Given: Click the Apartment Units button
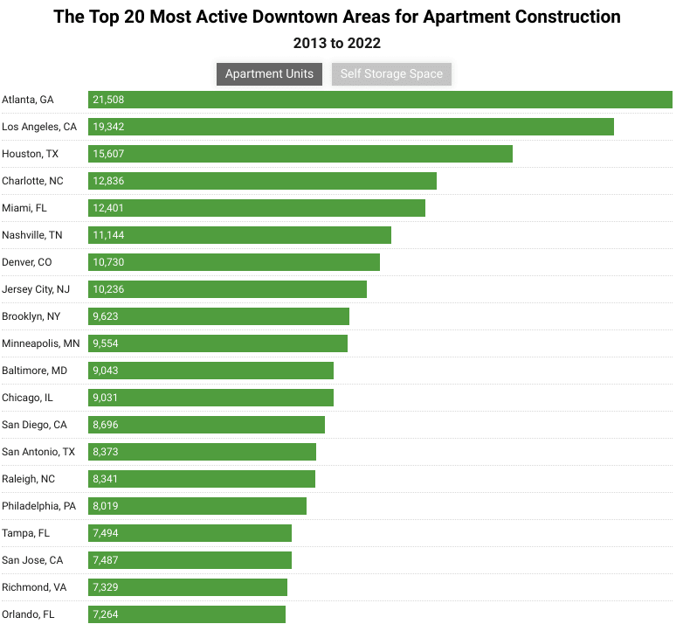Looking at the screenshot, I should click(x=270, y=73).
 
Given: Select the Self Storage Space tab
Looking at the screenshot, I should click(x=391, y=73).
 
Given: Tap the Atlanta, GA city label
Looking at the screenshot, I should click(x=28, y=100).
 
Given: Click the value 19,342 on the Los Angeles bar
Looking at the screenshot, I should click(x=108, y=127).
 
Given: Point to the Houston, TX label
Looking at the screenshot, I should click(x=30, y=154).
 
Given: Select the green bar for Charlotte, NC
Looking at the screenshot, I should click(x=262, y=181).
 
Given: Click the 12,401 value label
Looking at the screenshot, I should click(x=108, y=208).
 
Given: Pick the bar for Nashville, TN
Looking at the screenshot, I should click(x=239, y=235).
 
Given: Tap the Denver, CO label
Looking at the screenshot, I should click(x=26, y=262).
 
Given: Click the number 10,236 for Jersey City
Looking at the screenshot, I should click(x=108, y=289).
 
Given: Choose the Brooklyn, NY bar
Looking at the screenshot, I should click(x=218, y=316).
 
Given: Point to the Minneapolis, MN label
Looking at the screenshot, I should click(x=40, y=343).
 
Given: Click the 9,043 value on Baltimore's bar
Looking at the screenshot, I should click(x=106, y=371).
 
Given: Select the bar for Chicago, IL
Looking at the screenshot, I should click(x=210, y=398).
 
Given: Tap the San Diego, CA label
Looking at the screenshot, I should click(x=34, y=425).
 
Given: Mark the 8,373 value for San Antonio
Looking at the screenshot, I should click(x=106, y=452).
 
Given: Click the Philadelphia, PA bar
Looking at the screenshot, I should click(x=197, y=506).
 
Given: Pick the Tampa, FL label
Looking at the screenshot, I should click(x=25, y=533).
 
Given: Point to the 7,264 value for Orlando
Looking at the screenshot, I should click(x=106, y=614).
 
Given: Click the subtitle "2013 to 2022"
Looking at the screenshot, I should click(x=337, y=43).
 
